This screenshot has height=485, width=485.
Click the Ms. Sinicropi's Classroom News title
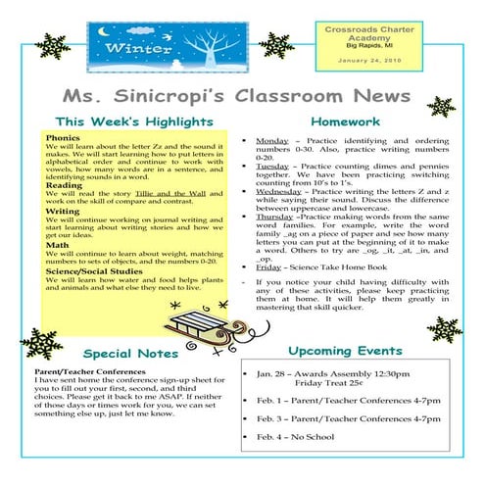point(236,94)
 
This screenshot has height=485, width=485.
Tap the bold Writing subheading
point(62,211)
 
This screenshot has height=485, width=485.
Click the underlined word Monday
point(271,140)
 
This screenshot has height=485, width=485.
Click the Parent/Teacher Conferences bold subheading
point(90,373)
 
